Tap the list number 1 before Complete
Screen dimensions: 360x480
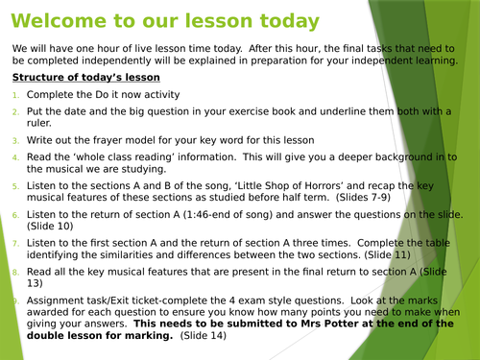click(15, 96)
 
